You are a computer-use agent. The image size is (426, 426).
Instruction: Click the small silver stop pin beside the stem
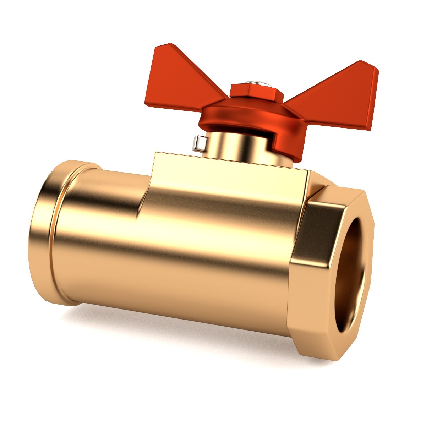click(x=199, y=143)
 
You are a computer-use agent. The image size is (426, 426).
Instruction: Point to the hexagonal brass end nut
click(x=319, y=277)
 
